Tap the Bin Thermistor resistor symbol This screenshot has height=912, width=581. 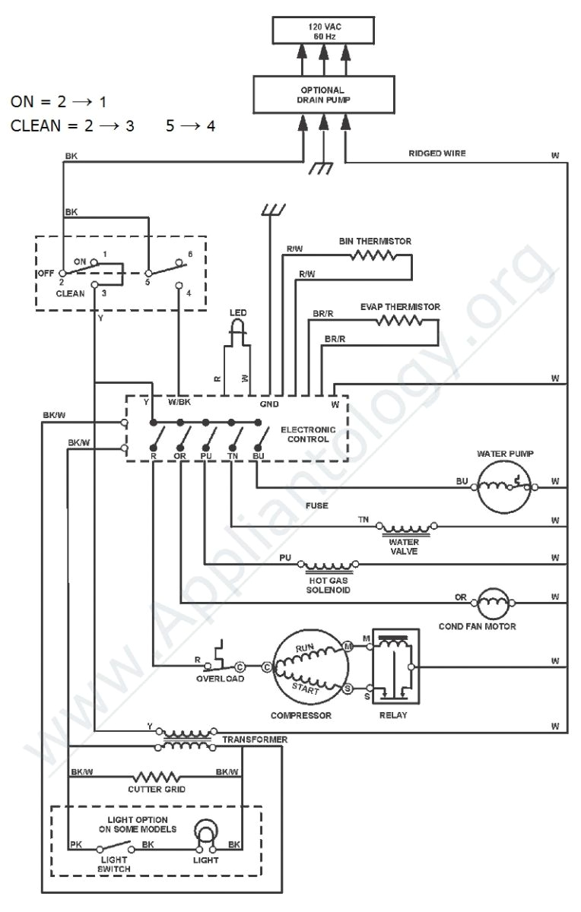tap(373, 256)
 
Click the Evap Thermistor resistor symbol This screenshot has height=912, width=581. tap(399, 321)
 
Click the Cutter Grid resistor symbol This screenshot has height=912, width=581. tap(156, 777)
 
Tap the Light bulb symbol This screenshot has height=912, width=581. tap(206, 833)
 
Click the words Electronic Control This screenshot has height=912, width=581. tap(308, 434)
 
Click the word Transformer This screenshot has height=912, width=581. tap(255, 739)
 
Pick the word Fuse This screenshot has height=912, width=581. tap(316, 505)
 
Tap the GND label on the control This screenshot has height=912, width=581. tap(270, 404)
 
